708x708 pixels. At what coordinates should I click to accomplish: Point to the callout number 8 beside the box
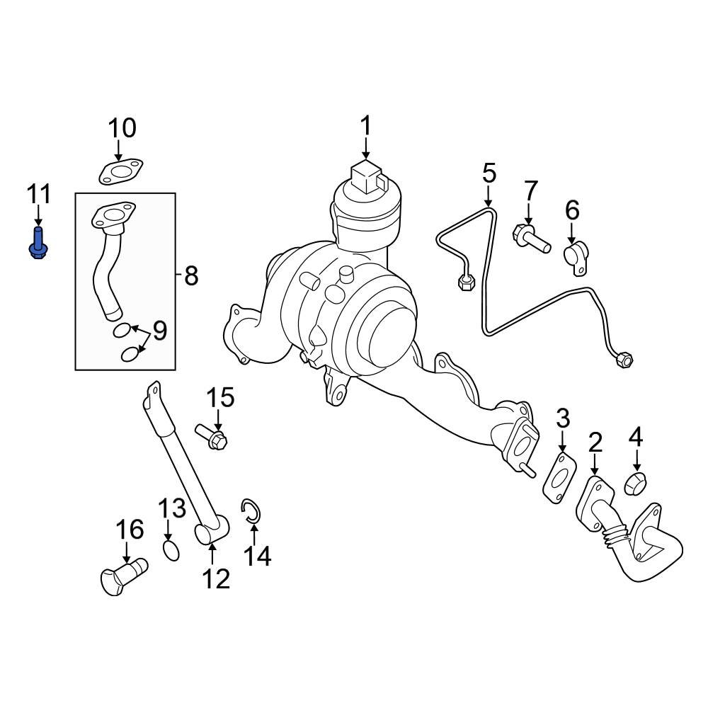click(x=190, y=276)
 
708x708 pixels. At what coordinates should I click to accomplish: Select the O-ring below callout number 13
click(x=171, y=549)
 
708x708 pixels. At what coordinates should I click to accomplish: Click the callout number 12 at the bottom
click(x=216, y=578)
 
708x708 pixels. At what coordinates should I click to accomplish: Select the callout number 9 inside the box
click(x=160, y=331)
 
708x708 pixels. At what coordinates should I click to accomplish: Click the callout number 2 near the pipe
click(x=595, y=443)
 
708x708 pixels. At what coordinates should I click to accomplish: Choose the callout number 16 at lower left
click(x=130, y=530)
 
